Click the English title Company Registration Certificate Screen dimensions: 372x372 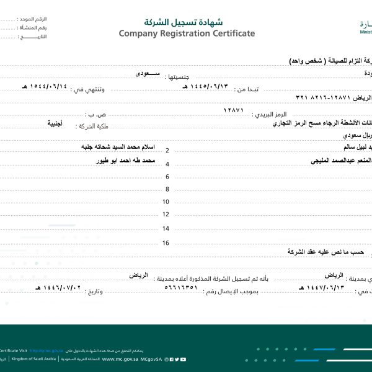pyautogui.click(x=187, y=33)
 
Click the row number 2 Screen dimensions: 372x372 pyautogui.click(x=167, y=151)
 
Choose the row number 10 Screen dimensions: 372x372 pyautogui.click(x=166, y=201)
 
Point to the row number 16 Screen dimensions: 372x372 pyautogui.click(x=166, y=242)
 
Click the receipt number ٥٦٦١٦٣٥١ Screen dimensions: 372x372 pyautogui.click(x=181, y=288)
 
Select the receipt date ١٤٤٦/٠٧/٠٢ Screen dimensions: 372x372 pyautogui.click(x=60, y=288)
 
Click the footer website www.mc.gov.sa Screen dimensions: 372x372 pyautogui.click(x=120, y=358)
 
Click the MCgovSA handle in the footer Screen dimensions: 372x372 pyautogui.click(x=152, y=358)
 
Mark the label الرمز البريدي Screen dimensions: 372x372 pyautogui.click(x=270, y=115)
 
